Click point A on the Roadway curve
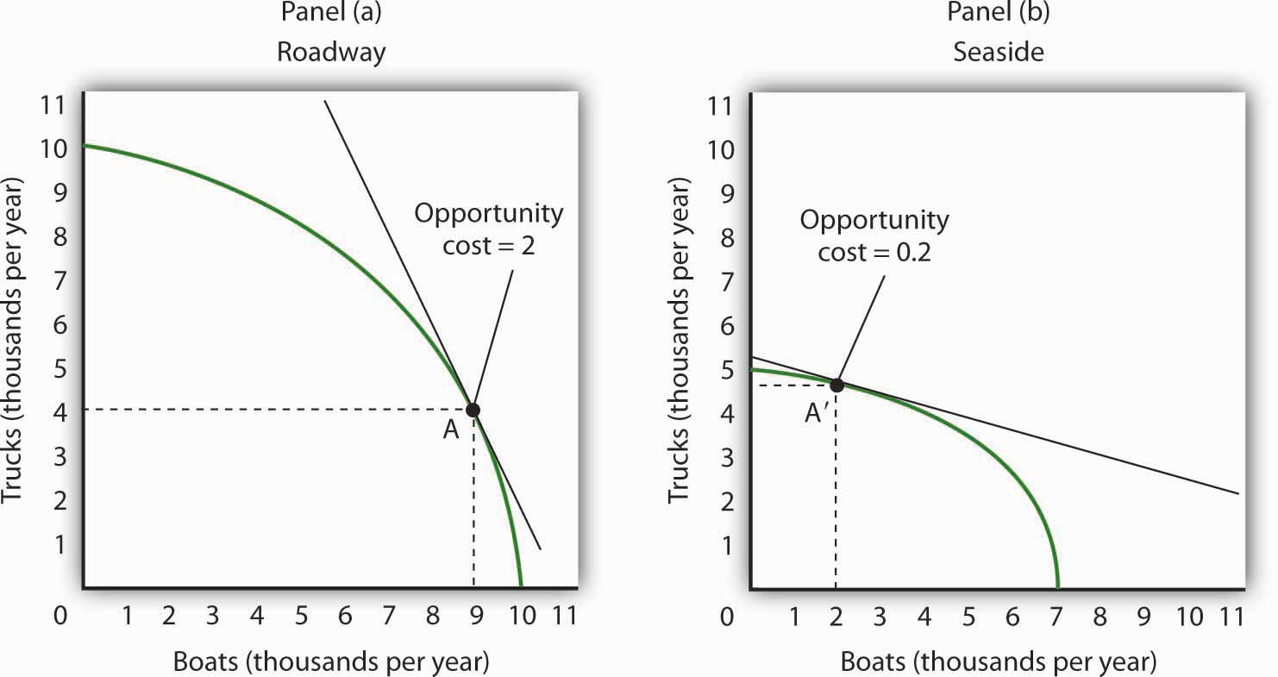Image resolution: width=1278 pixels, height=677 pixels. [x=473, y=410]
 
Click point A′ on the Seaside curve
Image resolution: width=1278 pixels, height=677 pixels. [x=836, y=384]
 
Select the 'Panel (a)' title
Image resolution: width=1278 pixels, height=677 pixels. [x=331, y=15]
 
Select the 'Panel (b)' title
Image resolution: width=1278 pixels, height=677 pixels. [x=999, y=15]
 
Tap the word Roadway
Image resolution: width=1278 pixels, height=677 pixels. [x=331, y=52]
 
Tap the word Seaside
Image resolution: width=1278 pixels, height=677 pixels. [x=999, y=52]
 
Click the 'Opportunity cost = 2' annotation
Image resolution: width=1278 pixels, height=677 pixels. [x=489, y=228]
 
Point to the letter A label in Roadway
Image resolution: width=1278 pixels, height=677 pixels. [x=450, y=430]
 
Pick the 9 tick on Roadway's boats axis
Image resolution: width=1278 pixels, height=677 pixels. [x=475, y=616]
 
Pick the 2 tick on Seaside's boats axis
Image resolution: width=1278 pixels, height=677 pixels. [x=836, y=616]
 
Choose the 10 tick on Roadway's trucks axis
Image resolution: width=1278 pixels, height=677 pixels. [x=54, y=148]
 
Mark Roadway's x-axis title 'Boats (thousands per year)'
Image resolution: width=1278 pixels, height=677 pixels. [x=331, y=661]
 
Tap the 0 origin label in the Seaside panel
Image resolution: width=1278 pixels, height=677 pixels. [x=727, y=617]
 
